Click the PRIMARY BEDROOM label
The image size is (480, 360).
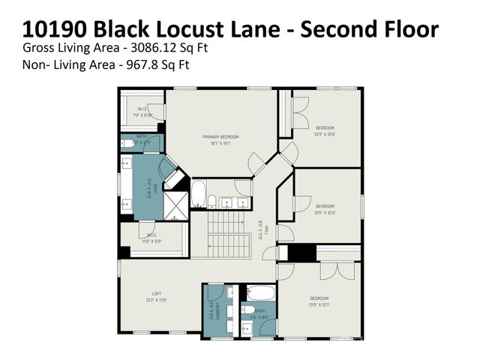(220, 136)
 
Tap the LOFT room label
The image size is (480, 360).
(156, 293)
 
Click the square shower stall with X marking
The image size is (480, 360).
(176, 205)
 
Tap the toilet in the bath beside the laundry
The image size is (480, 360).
(259, 309)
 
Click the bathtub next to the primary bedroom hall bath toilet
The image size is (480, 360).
(199, 193)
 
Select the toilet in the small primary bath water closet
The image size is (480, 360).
(128, 143)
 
